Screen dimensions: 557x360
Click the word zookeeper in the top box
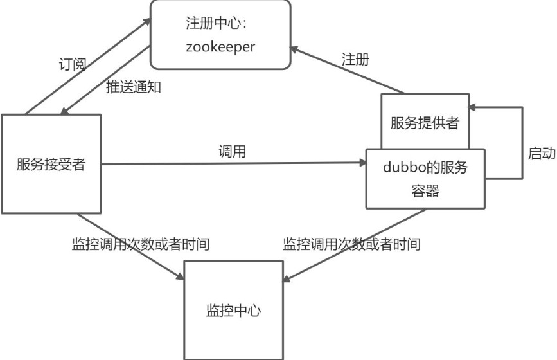220,47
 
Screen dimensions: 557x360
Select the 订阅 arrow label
73,64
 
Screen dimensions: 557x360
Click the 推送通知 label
134,87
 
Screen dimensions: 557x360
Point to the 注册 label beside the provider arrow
355,59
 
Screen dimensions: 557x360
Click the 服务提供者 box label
425,122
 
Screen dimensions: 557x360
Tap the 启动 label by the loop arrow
542,153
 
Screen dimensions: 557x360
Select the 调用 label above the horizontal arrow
232,151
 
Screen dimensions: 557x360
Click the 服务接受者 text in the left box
51,164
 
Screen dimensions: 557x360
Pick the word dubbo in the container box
404,166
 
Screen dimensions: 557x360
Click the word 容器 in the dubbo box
425,190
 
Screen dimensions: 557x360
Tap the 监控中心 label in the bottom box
234,310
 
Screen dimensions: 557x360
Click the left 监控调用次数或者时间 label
141,244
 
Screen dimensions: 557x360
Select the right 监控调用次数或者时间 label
351,244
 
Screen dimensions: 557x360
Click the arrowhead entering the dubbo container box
363,163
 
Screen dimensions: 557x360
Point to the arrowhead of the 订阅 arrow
146,22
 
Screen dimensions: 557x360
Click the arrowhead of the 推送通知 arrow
64,111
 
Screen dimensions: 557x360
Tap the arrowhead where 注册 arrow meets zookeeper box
294,50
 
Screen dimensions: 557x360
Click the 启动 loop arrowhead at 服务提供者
472,107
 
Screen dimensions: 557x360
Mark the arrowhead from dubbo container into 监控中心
287,278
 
